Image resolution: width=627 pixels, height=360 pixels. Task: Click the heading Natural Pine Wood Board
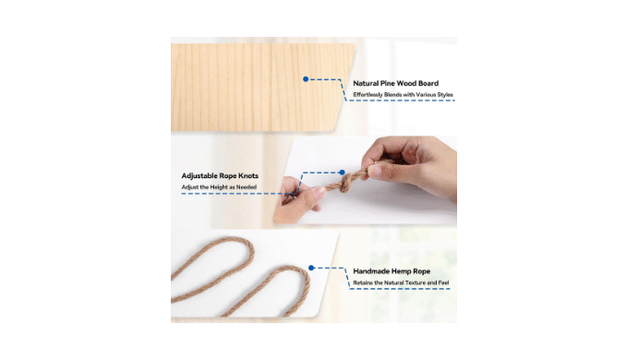click(395, 83)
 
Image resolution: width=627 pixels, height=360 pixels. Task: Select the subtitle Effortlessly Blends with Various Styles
click(403, 95)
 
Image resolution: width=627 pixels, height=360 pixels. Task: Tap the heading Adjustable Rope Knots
click(220, 175)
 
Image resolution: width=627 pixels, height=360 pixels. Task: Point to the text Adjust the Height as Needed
click(219, 187)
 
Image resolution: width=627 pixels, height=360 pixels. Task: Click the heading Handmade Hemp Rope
click(392, 271)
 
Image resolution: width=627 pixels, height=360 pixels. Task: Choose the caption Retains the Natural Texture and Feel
click(401, 282)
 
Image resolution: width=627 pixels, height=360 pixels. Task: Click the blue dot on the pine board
click(306, 79)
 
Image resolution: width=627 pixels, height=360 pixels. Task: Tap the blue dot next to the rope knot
click(342, 173)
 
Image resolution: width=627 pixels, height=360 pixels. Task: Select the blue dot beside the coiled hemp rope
click(311, 268)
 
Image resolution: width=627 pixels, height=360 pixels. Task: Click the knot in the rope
click(344, 183)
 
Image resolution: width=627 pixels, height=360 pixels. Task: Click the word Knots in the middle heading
click(248, 175)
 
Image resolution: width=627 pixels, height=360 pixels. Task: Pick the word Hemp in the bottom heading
click(402, 271)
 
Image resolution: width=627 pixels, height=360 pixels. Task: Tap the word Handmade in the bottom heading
click(371, 271)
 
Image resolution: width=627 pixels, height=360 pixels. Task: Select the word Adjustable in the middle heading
click(199, 175)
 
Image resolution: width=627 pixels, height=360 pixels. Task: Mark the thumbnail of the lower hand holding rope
click(299, 199)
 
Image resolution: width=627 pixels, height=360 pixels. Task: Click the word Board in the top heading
click(428, 83)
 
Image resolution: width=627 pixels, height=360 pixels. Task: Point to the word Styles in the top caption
click(445, 95)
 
